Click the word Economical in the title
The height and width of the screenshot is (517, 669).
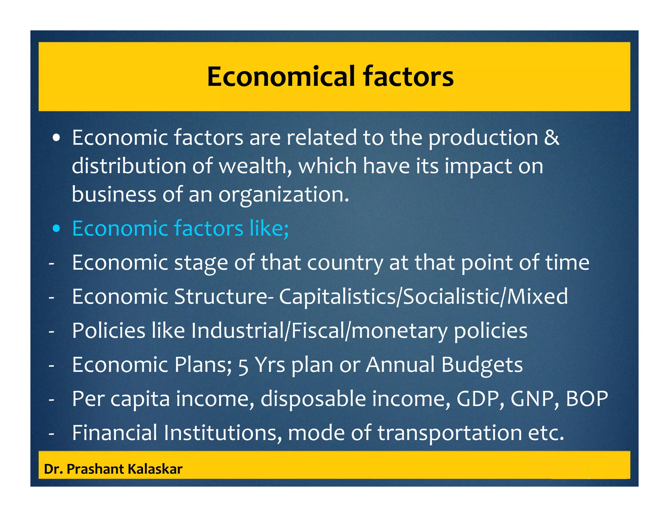pyautogui.click(x=281, y=76)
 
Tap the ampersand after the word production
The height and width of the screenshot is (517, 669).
pyautogui.click(x=551, y=138)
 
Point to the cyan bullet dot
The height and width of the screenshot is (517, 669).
pyautogui.click(x=57, y=229)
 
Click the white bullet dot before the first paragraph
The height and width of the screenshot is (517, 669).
pyautogui.click(x=57, y=138)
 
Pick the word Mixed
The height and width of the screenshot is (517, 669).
pyautogui.click(x=537, y=297)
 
